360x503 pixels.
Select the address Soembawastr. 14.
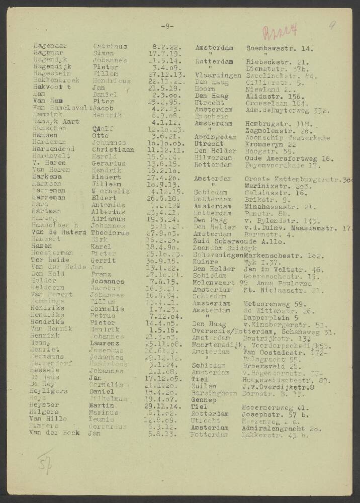click(280, 48)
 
